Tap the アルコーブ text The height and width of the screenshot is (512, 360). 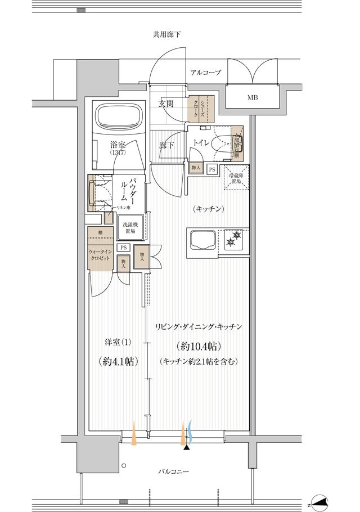coord(205,73)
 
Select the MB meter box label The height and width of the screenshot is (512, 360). coord(253,97)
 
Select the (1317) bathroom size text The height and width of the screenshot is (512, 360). coord(118,153)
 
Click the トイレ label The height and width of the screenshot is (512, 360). coord(202,143)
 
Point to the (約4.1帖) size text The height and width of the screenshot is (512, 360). coord(118,361)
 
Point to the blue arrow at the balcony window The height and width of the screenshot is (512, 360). coord(191,432)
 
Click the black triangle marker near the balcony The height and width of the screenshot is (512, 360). coord(186,447)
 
